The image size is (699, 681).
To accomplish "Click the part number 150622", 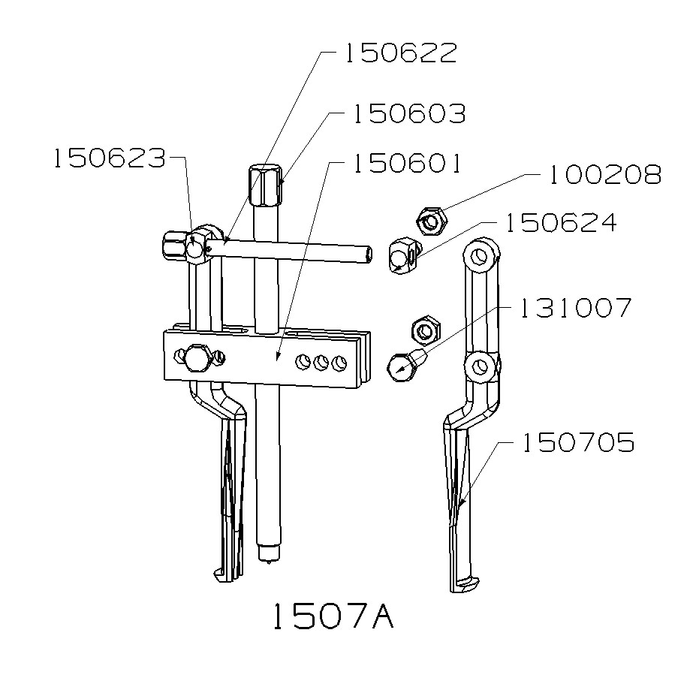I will [399, 53].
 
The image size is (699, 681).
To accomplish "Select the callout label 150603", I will [409, 114].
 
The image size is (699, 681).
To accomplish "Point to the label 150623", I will [109, 158].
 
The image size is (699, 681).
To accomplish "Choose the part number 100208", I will [604, 175].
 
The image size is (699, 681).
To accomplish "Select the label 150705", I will [578, 443].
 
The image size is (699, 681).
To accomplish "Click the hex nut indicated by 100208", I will [432, 221].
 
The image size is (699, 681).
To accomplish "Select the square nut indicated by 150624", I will [404, 257].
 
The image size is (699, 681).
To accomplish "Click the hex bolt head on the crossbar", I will [197, 359].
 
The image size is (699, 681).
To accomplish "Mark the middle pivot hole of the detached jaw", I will [481, 366].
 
